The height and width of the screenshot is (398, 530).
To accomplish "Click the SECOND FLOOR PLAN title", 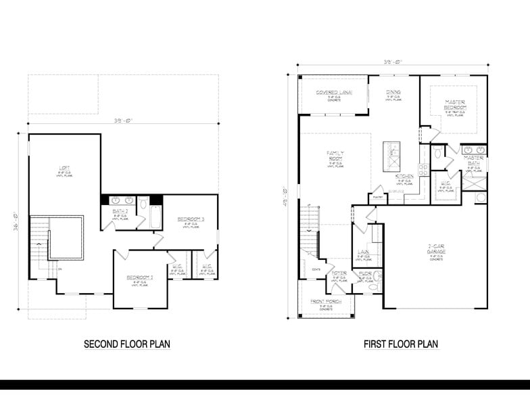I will pos(126,345).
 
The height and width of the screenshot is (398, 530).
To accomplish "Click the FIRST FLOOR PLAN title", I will pos(400,345).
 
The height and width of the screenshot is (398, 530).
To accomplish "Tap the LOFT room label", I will pos(64,169).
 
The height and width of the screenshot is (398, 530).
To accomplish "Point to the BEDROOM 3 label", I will pos(191,219).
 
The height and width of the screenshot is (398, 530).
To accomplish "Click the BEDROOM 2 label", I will pos(139,278).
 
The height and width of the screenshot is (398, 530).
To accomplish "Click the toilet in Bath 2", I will pos(143,204).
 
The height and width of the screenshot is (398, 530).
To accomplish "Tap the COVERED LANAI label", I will pos(333,91).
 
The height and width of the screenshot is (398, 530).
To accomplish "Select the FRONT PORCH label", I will pos(325,301).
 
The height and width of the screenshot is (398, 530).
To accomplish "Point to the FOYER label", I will pos(339,273).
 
